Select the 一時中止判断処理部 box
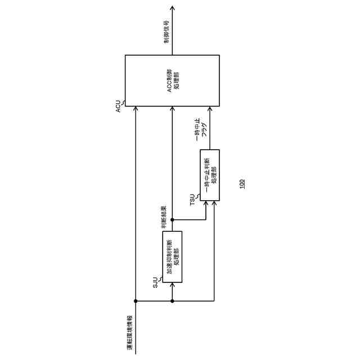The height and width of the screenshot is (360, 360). (210, 175)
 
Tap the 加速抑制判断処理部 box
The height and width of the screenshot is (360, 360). (173, 256)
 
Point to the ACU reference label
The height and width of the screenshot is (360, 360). (118, 105)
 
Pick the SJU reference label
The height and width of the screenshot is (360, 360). (156, 283)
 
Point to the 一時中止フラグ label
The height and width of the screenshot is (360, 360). (201, 132)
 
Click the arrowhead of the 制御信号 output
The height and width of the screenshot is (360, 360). (172, 8)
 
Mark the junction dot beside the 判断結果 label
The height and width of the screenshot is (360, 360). (172, 219)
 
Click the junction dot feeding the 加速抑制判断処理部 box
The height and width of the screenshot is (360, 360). (172, 301)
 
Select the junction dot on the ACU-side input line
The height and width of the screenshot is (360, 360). (135, 301)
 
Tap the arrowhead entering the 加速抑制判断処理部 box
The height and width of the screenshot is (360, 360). (172, 285)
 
